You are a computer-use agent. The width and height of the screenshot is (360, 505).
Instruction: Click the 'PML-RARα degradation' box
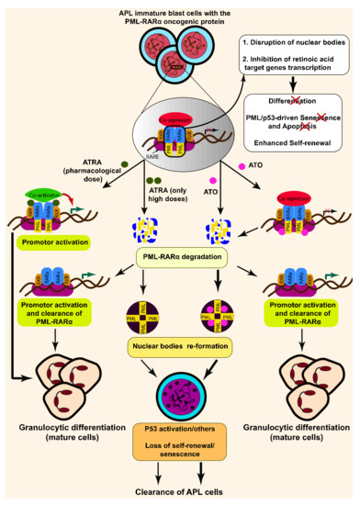tap(179, 260)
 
